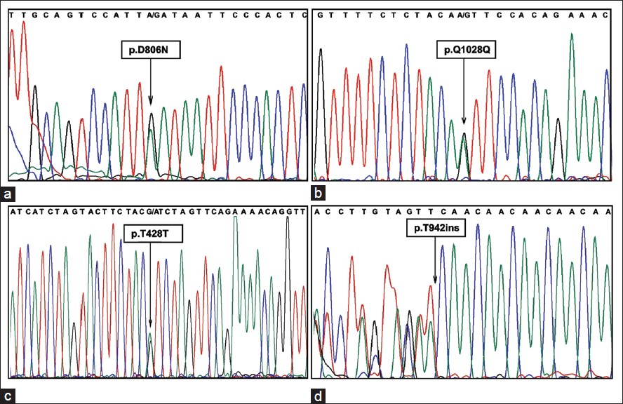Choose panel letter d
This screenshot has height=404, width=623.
pos(319,397)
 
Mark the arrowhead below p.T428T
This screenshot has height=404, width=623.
pos(150,324)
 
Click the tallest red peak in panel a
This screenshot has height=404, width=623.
pos(25,25)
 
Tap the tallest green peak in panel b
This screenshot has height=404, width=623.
pos(572,36)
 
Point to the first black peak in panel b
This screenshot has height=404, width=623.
pos(321,50)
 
